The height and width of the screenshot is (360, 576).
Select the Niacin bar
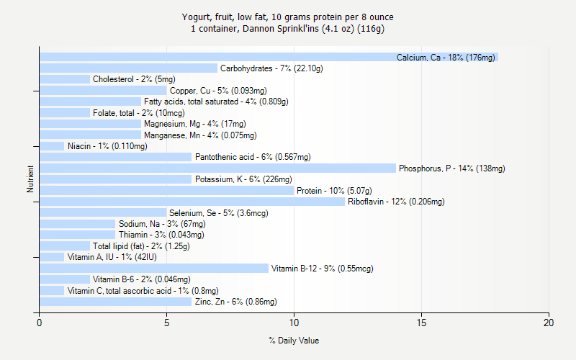click(x=52, y=146)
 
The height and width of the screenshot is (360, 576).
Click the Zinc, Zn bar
click(x=116, y=302)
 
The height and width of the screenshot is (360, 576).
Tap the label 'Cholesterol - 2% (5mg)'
click(x=134, y=79)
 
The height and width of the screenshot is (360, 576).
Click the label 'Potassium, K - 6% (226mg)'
click(x=243, y=179)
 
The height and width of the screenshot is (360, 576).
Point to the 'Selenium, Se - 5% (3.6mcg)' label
click(x=219, y=213)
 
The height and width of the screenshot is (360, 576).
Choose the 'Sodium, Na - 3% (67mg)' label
click(x=161, y=224)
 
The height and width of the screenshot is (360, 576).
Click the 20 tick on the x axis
click(x=549, y=323)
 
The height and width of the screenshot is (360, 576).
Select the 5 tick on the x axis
click(x=167, y=323)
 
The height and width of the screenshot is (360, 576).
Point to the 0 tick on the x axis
click(x=40, y=323)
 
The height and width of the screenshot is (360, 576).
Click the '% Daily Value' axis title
click(x=294, y=341)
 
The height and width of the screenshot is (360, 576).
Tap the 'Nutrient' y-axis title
click(x=30, y=180)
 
